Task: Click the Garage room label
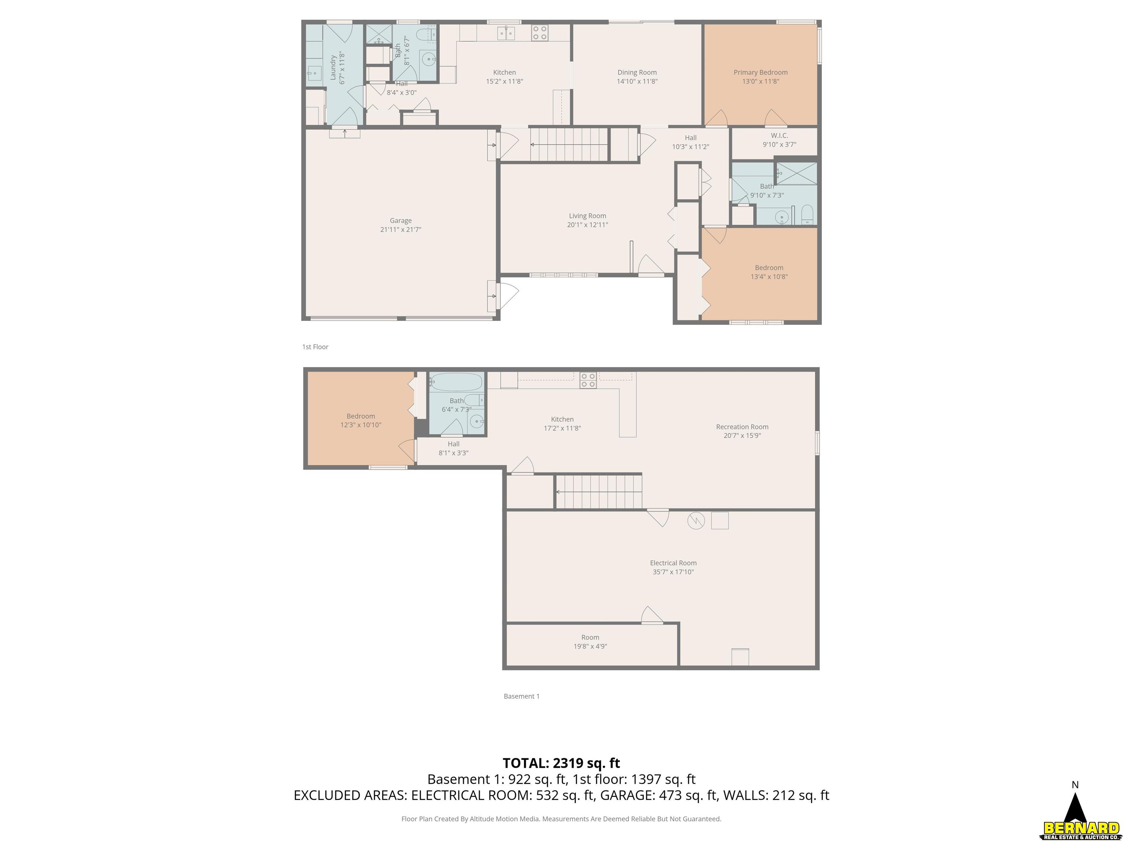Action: (x=401, y=221)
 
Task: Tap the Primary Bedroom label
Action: (x=760, y=73)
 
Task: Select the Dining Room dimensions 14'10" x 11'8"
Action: (x=637, y=81)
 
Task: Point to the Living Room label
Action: (x=587, y=216)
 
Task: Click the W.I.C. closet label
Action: (x=779, y=136)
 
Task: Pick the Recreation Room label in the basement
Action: (x=742, y=427)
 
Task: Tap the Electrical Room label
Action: (x=673, y=563)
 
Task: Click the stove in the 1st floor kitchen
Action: (x=540, y=33)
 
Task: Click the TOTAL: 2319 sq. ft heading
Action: (x=561, y=763)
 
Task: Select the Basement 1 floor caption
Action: (x=521, y=696)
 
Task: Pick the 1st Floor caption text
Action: (x=315, y=347)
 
